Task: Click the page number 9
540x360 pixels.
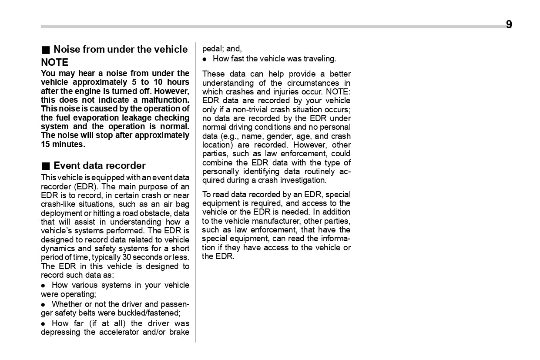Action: coord(509,25)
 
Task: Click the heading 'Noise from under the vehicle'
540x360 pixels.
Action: coord(121,50)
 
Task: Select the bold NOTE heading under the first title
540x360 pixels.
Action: coord(54,62)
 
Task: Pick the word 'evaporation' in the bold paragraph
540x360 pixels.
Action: coord(96,118)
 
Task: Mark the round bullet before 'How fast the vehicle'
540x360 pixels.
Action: coord(205,59)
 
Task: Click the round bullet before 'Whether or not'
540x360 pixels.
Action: coord(43,304)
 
